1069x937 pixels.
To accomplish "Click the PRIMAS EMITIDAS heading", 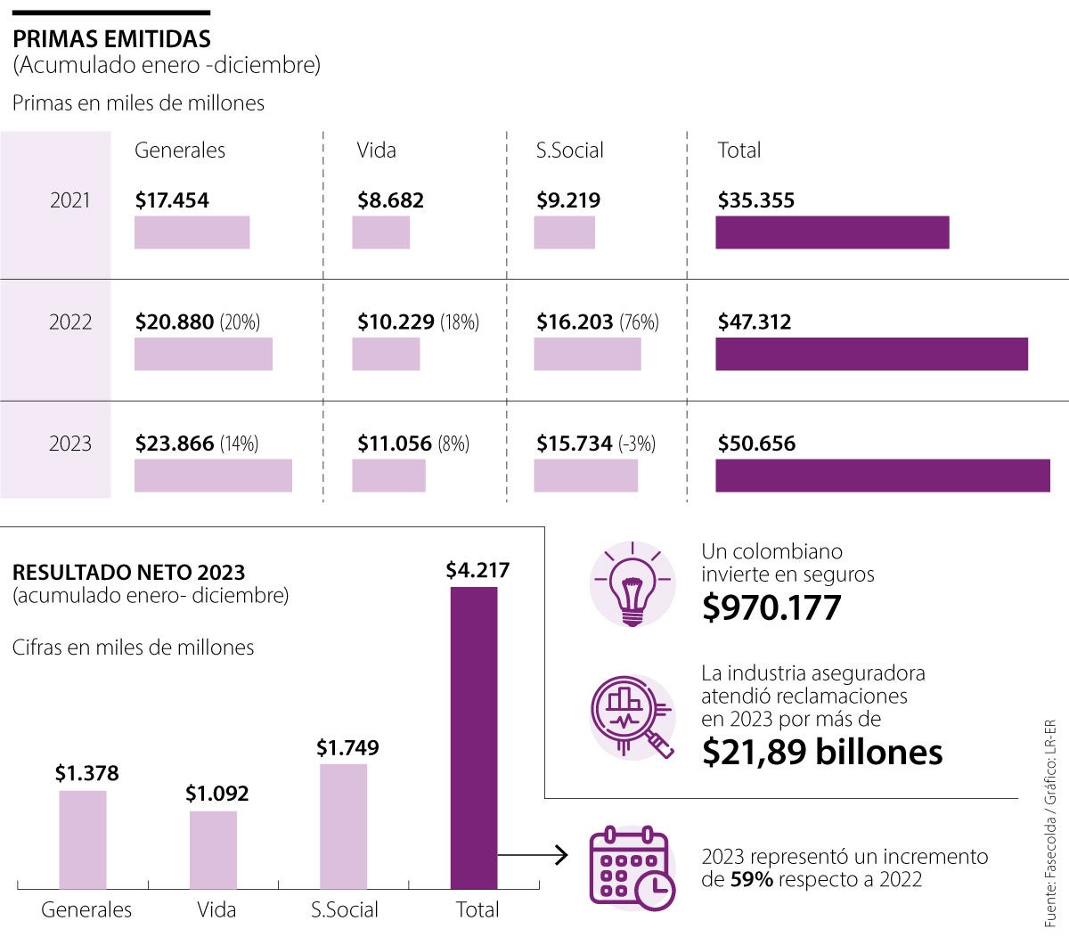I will click(x=111, y=39).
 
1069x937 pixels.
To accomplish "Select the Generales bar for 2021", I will click(x=192, y=232).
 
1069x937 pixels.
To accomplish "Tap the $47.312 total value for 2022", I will click(x=755, y=322).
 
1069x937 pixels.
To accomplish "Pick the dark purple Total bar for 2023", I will click(x=882, y=476).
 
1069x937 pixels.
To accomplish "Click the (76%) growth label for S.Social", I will click(x=639, y=322).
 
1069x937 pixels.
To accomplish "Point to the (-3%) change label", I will click(x=637, y=444).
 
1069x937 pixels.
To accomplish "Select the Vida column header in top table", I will click(x=376, y=151).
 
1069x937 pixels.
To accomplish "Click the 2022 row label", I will click(x=70, y=322).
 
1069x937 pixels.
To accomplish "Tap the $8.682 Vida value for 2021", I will click(x=390, y=200).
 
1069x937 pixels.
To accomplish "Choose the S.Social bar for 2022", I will click(x=587, y=354).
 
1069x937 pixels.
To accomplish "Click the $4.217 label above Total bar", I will click(x=477, y=570).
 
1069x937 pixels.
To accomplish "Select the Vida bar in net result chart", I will click(x=214, y=850).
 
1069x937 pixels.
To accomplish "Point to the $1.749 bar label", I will click(x=347, y=748).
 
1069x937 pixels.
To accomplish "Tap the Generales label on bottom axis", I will click(x=86, y=909).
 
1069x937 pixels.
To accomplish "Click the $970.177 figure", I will click(x=771, y=607).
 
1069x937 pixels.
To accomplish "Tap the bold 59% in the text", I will click(x=751, y=880).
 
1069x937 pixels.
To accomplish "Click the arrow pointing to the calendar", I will click(x=534, y=856).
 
